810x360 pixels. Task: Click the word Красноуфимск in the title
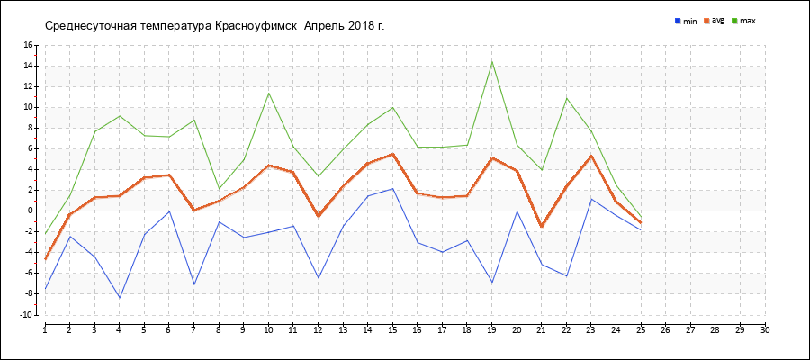pyautogui.click(x=256, y=25)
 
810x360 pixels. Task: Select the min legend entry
pyautogui.click(x=686, y=21)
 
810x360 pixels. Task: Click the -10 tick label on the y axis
pyautogui.click(x=26, y=315)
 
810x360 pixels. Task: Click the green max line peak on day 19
pyautogui.click(x=491, y=61)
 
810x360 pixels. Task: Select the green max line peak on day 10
pyautogui.click(x=268, y=93)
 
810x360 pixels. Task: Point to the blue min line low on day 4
pyautogui.click(x=120, y=298)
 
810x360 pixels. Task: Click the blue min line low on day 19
pyautogui.click(x=491, y=283)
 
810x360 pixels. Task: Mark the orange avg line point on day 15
pyautogui.click(x=392, y=154)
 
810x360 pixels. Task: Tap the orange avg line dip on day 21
pyautogui.click(x=541, y=227)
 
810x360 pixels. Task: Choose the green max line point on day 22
pyautogui.click(x=566, y=98)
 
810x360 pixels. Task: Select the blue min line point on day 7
pyautogui.click(x=193, y=284)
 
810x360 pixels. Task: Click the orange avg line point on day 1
pyautogui.click(x=45, y=259)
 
